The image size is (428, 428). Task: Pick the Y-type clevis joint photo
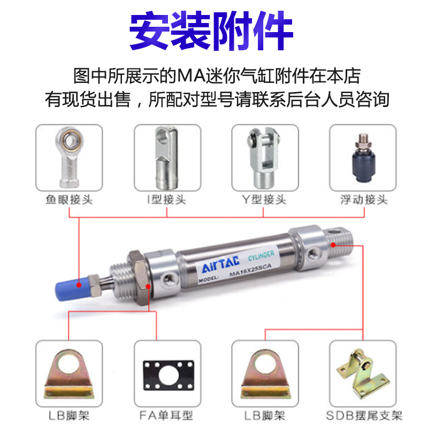(x=264, y=157)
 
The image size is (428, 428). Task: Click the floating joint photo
(x=362, y=158)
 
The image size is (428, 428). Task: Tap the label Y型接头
(x=264, y=200)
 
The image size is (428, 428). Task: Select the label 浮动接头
(x=363, y=200)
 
